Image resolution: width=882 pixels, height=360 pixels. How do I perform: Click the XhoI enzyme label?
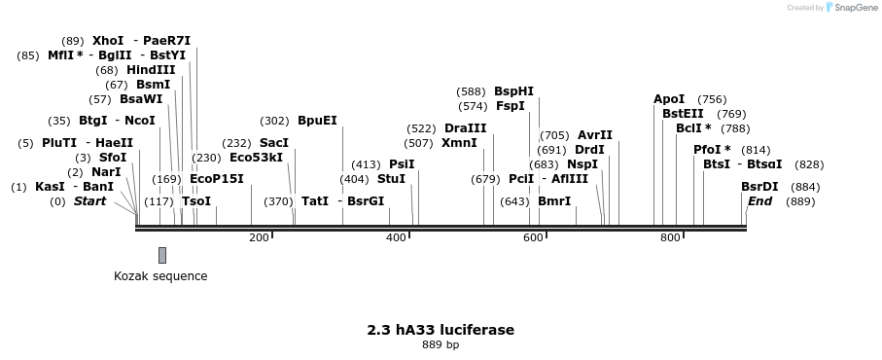(x=108, y=41)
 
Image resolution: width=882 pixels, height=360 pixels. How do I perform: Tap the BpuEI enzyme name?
(x=317, y=121)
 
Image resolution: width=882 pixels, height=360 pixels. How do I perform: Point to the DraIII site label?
(x=465, y=128)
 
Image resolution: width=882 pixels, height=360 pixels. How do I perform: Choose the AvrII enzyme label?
(x=595, y=135)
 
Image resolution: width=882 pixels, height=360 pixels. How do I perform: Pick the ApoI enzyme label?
(x=669, y=99)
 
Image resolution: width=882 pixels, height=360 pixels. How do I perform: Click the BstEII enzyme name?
(x=683, y=114)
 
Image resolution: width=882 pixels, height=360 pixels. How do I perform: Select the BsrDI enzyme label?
(x=759, y=187)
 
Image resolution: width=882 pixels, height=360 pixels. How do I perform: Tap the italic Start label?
(x=90, y=201)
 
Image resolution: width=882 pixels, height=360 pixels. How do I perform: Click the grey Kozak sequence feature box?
(x=162, y=255)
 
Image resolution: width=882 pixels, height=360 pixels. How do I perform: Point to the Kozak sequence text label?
(x=160, y=276)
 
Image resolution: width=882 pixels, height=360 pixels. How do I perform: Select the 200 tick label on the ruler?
(x=259, y=238)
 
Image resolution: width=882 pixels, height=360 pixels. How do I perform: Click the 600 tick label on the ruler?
(x=534, y=238)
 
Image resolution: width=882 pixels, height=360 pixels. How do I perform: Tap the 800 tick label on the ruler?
(x=671, y=238)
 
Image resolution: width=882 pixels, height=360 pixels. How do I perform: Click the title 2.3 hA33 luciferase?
(x=441, y=330)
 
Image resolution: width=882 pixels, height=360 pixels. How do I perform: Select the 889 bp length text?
(x=441, y=345)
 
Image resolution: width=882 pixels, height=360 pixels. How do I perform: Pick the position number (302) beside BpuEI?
(x=275, y=121)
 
